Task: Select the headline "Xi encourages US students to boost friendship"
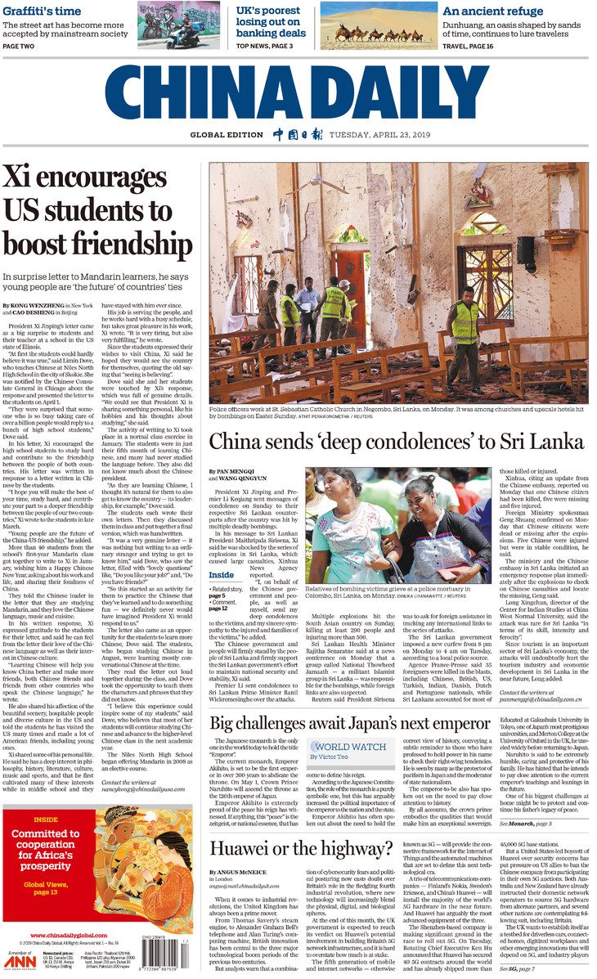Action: point(97,211)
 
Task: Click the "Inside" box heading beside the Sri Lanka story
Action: point(221,575)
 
